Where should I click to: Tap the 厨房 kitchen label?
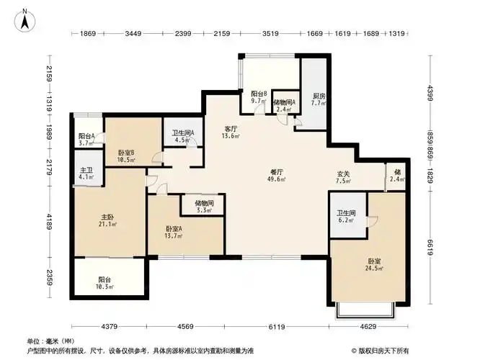point(319,96)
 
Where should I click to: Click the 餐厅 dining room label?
point(276,171)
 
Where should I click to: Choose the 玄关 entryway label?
point(344,173)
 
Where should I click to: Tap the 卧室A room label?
point(174,229)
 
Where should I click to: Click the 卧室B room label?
point(127,152)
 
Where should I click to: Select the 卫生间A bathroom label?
point(183,132)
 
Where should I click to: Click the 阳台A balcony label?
point(86,136)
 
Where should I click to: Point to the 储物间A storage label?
point(285,102)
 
